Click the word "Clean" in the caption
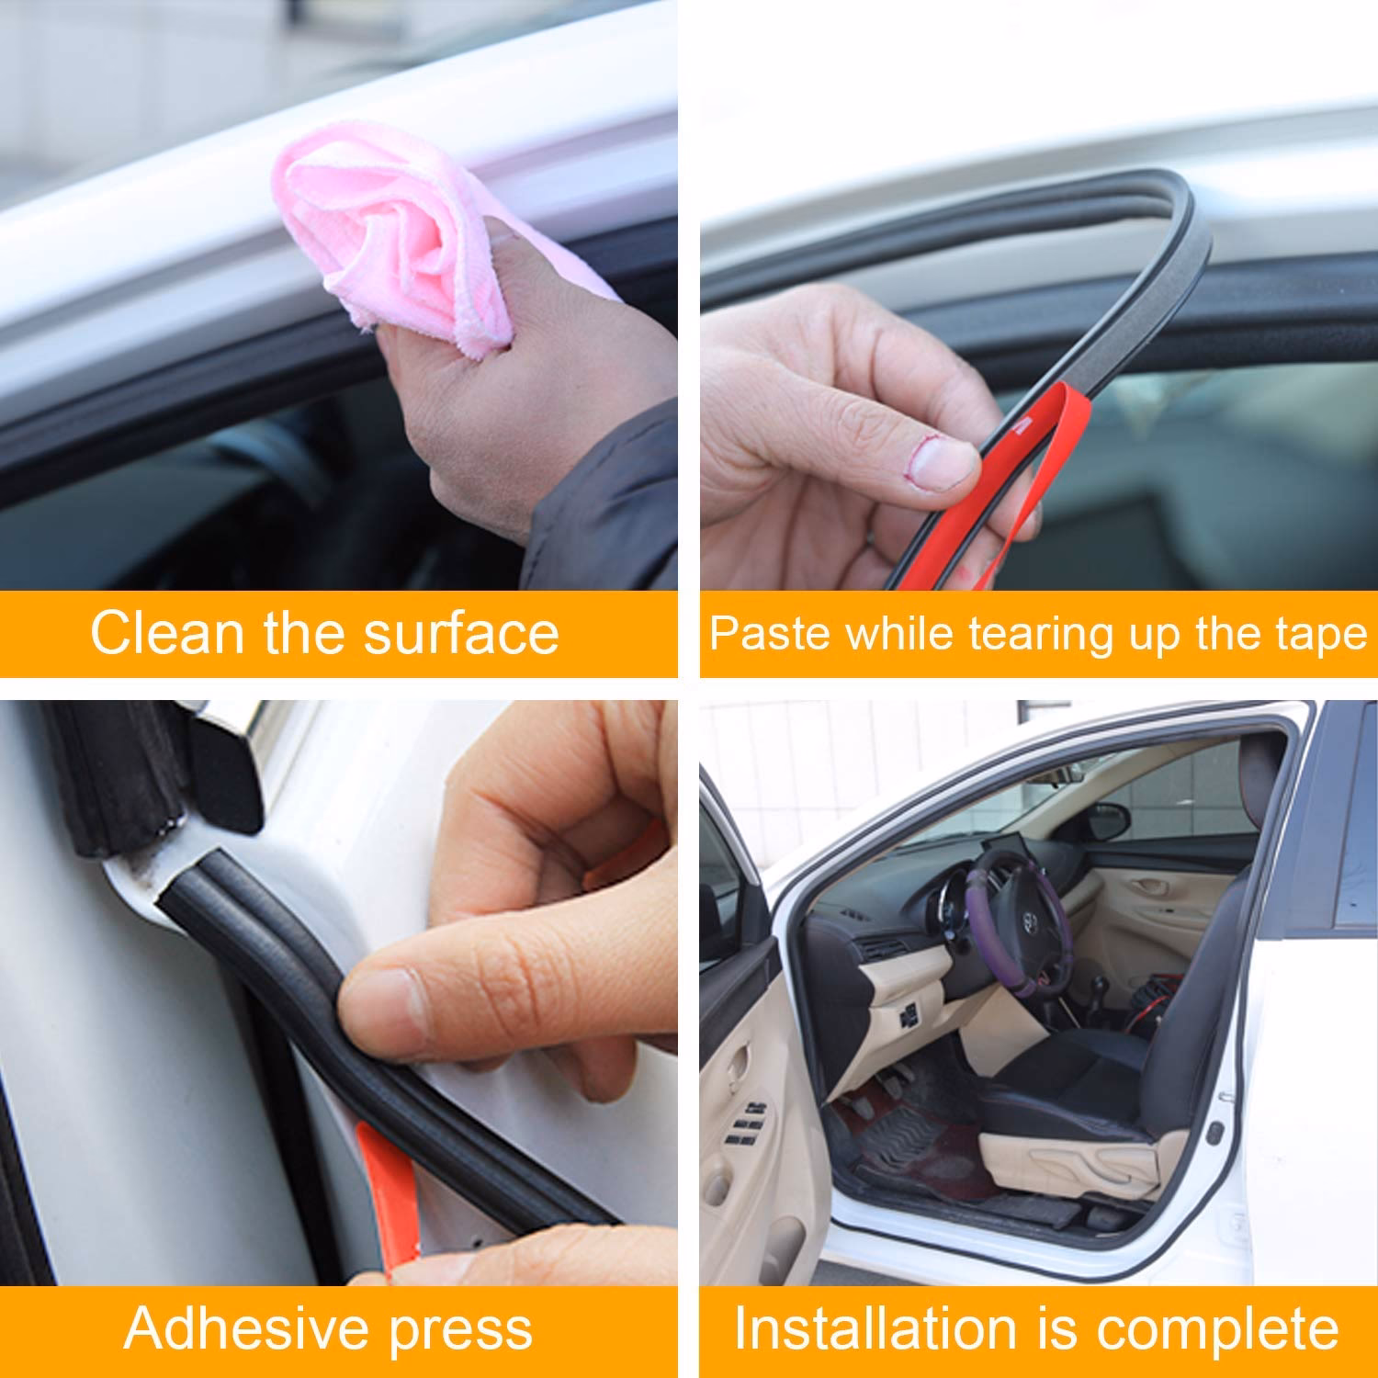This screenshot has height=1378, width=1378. (167, 633)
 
